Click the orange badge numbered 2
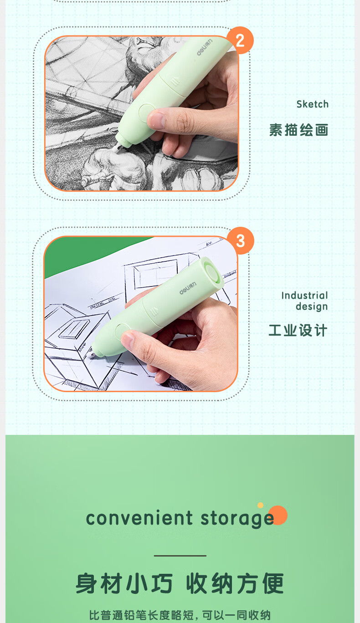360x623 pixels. point(240,41)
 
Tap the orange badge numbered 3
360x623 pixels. point(240,240)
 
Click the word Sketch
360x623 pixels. point(313,104)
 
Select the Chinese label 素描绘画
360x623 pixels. point(298,130)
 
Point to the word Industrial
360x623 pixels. point(305,296)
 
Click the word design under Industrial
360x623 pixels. point(312,306)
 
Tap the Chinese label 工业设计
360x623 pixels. point(298,330)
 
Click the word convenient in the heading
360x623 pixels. point(139,518)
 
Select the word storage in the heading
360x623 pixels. point(237,519)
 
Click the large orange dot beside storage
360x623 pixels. point(278,515)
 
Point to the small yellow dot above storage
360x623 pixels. point(260,505)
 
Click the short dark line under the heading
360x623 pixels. point(180,556)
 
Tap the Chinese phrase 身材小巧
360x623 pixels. point(124,583)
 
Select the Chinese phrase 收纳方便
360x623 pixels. point(235,583)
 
